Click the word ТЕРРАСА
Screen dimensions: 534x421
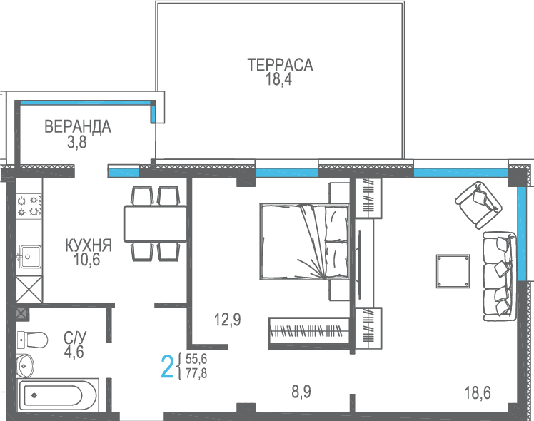pyautogui.click(x=280, y=65)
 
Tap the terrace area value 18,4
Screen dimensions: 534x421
pyautogui.click(x=278, y=79)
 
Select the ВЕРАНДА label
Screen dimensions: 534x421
pyautogui.click(x=78, y=126)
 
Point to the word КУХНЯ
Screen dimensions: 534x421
pyautogui.click(x=89, y=245)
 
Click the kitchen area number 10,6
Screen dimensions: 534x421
pyautogui.click(x=86, y=260)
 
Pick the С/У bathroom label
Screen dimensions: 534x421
pyautogui.click(x=75, y=338)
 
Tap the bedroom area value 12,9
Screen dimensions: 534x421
pyautogui.click(x=228, y=320)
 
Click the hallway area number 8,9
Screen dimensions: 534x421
pyautogui.click(x=301, y=392)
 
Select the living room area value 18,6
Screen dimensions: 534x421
pyautogui.click(x=478, y=393)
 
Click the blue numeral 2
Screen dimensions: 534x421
pyautogui.click(x=167, y=367)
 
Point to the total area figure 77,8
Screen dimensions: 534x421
pyautogui.click(x=196, y=374)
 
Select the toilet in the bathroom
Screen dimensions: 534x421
pyautogui.click(x=32, y=340)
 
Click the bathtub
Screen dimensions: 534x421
pyautogui.click(x=57, y=395)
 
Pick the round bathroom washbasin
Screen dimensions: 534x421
pyautogui.click(x=25, y=366)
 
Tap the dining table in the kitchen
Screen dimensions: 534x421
pyautogui.click(x=156, y=223)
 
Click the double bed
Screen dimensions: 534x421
pyautogui.click(x=304, y=242)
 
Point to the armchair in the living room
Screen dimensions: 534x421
pyautogui.click(x=479, y=205)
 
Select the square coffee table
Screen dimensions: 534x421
pyautogui.click(x=453, y=272)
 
